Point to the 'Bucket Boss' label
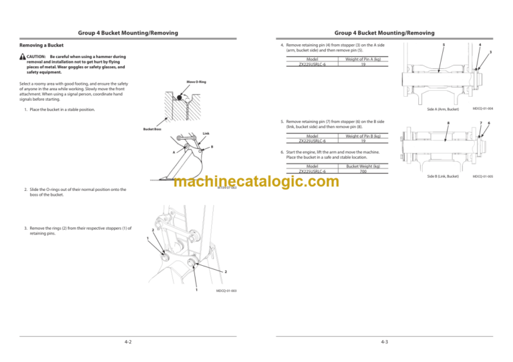pyautogui.click(x=152, y=130)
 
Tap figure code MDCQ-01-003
pyautogui.click(x=227, y=291)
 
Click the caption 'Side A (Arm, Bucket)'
pyautogui.click(x=443, y=108)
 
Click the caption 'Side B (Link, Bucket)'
pyautogui.click(x=444, y=176)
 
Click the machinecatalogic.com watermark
pyautogui.click(x=256, y=182)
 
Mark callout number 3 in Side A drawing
pyautogui.click(x=491, y=52)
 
